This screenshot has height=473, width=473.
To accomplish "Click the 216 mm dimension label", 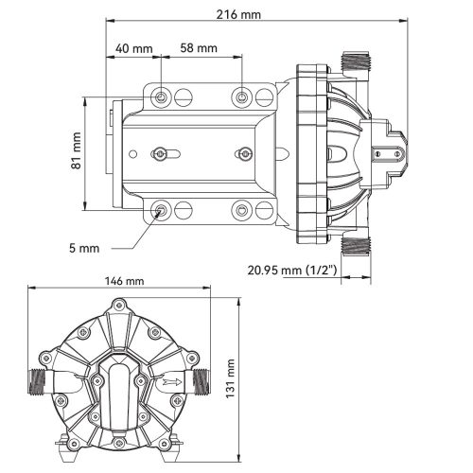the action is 238,14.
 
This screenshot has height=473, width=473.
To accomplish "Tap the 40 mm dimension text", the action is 134,48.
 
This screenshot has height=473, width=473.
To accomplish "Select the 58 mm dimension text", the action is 199,48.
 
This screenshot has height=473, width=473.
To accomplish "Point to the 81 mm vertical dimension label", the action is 77,150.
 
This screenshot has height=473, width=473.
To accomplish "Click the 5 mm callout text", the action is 84,248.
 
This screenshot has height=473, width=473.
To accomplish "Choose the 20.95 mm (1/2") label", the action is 292,271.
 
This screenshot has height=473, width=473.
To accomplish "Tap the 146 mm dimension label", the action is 124,281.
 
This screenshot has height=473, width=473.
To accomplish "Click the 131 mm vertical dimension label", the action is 231,378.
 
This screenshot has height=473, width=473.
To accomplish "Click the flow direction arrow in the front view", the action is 172,382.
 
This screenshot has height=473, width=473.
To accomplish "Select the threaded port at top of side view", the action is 357,61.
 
